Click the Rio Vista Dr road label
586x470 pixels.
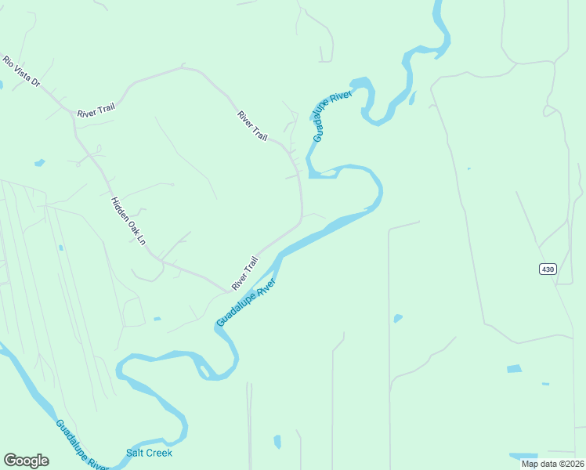(20, 71)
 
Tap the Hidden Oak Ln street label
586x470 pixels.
(128, 221)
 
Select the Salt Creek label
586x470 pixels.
(149, 453)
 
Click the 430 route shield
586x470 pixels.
(548, 269)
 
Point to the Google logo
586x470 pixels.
(26, 461)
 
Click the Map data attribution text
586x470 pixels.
(552, 464)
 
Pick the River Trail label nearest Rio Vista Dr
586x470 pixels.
(96, 111)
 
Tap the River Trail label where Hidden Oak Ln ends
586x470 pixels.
(244, 273)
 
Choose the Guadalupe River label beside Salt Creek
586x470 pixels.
(81, 446)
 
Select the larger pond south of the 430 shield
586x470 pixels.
(514, 368)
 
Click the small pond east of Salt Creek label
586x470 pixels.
(277, 442)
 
